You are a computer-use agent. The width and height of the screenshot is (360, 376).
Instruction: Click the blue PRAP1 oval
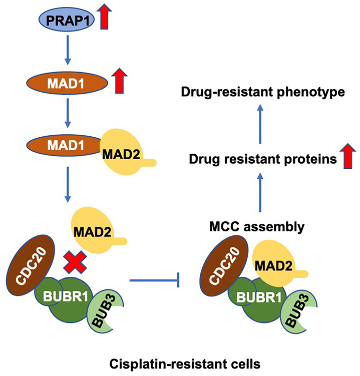click(x=67, y=20)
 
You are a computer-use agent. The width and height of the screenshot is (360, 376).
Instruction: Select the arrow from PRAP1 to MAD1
click(x=68, y=50)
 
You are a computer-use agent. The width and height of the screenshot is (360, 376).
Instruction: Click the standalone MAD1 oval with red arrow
click(x=67, y=83)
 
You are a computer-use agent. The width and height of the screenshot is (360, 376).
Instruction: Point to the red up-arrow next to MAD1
click(x=120, y=81)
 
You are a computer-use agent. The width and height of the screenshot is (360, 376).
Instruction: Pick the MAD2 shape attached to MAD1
click(x=124, y=152)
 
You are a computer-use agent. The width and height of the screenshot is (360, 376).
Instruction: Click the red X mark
click(x=75, y=262)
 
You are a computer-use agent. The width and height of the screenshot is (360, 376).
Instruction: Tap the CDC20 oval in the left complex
click(x=31, y=265)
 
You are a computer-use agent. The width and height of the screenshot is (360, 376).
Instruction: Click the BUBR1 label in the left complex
click(x=66, y=296)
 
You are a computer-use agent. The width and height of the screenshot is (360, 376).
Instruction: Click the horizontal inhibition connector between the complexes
click(x=154, y=280)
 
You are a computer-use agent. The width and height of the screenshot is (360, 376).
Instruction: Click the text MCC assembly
click(x=257, y=227)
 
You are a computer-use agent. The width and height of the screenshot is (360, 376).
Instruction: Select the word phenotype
click(x=311, y=92)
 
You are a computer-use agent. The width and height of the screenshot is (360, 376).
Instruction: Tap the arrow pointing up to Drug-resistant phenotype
click(x=260, y=124)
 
